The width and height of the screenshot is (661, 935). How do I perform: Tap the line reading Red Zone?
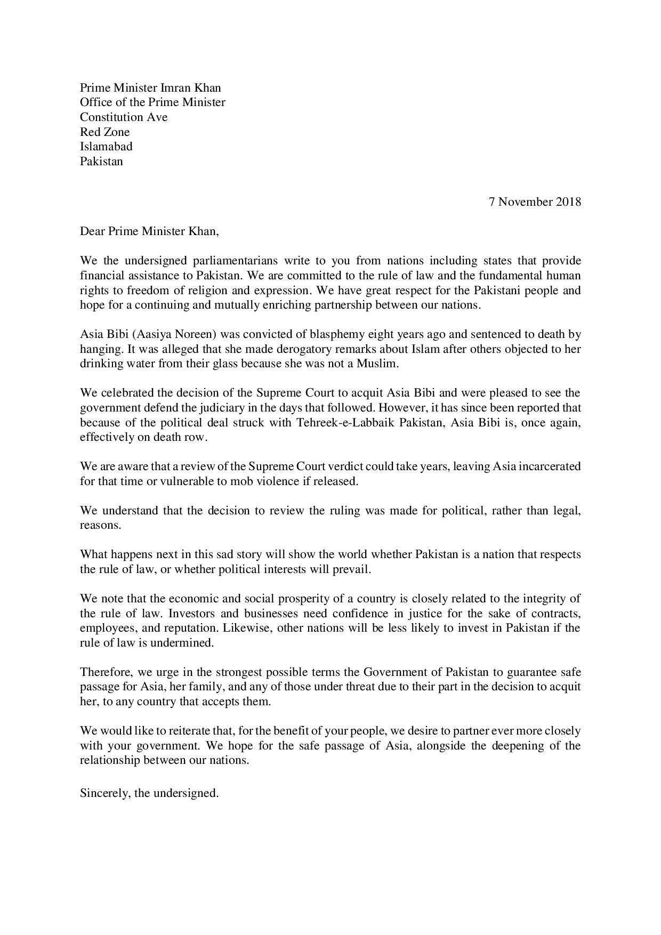[x=104, y=132]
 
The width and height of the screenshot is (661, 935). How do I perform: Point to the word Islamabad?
[x=106, y=146]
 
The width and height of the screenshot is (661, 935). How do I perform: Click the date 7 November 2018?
[x=535, y=201]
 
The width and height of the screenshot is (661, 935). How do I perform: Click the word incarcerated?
[x=550, y=466]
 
